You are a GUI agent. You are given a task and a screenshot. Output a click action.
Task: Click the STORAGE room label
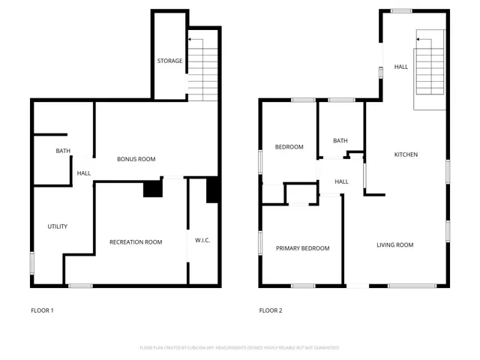coord(169,61)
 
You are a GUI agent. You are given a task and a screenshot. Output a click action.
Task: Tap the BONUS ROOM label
coord(136,159)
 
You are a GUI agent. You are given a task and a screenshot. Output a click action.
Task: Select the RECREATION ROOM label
coord(136,241)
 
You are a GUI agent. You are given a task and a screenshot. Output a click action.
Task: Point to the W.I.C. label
coord(202,241)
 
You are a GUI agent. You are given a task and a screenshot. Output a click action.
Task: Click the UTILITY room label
coord(58,226)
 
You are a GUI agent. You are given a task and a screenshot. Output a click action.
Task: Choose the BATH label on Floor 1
coord(63,151)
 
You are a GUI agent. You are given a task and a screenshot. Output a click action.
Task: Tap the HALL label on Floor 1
coord(83,174)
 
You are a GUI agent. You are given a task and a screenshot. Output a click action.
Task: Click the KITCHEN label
coord(406,154)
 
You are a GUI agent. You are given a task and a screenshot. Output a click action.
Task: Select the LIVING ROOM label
coord(394,244)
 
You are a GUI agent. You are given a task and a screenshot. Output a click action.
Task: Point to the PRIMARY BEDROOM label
coord(302,248)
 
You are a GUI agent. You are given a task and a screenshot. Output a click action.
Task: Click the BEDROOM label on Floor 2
coord(289,147)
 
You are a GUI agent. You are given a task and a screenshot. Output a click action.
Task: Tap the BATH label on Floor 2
coord(340,140)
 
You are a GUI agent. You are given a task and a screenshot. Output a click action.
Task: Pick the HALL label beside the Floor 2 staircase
coord(401,67)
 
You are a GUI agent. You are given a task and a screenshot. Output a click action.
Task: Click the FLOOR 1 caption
coord(42,310)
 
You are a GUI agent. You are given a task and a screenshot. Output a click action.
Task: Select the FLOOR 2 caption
coord(271,310)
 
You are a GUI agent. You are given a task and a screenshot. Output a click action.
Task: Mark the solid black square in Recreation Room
coord(153,188)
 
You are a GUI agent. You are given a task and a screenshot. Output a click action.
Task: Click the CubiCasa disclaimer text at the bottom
coord(239,348)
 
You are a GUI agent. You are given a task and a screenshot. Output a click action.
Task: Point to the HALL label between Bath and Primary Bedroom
coord(341,181)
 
